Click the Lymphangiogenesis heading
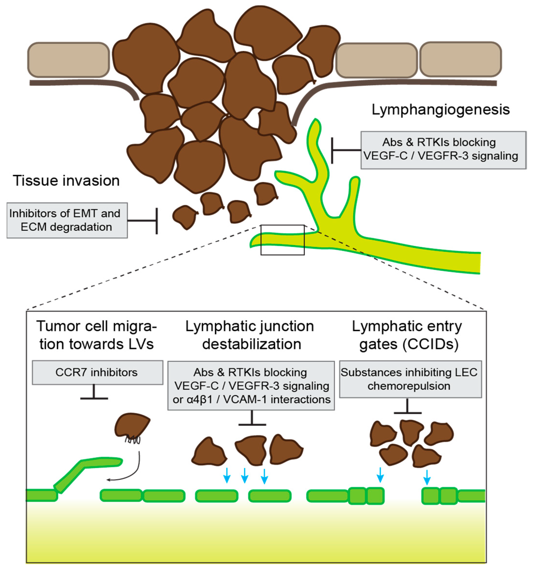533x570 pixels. click(440, 110)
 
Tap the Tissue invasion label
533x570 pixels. click(66, 181)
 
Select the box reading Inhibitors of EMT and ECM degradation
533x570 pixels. click(67, 220)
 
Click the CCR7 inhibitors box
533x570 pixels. click(98, 372)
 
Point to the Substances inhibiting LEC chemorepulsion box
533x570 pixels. click(410, 379)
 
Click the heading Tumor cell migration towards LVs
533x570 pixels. click(96, 335)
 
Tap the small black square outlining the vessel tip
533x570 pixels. click(282, 240)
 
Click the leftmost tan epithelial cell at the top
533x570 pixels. click(69, 60)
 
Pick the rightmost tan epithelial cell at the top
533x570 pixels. click(461, 59)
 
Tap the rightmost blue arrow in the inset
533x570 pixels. click(427, 477)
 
